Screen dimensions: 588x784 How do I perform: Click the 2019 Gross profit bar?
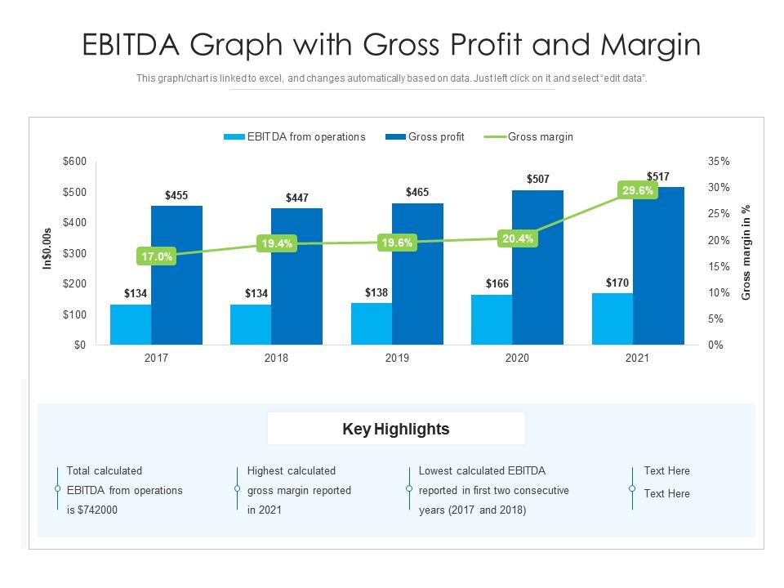(417, 278)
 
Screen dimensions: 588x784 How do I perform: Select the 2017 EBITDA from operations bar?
(131, 324)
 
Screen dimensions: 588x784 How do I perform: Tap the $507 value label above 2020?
(538, 179)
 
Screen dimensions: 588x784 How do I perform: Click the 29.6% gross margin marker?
(638, 190)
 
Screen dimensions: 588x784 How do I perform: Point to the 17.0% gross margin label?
(157, 256)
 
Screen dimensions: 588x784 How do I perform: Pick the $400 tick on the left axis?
(74, 222)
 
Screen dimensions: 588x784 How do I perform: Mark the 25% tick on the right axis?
(719, 214)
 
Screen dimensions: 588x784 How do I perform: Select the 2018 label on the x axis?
(276, 359)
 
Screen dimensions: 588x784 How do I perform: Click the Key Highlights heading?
(396, 429)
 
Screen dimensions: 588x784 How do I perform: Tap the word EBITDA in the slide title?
(136, 46)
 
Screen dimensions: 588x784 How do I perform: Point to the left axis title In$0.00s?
(47, 248)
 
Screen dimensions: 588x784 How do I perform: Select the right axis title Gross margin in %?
(746, 252)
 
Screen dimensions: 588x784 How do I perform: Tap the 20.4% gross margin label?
(518, 239)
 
